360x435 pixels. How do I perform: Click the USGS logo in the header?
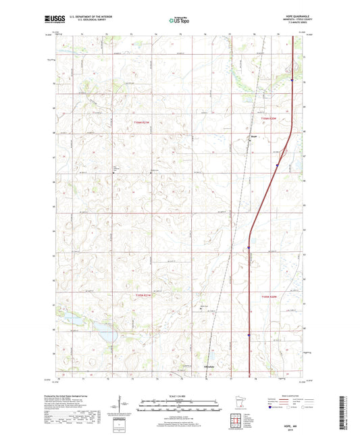point(51,21)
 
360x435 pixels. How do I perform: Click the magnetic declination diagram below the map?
point(123,408)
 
